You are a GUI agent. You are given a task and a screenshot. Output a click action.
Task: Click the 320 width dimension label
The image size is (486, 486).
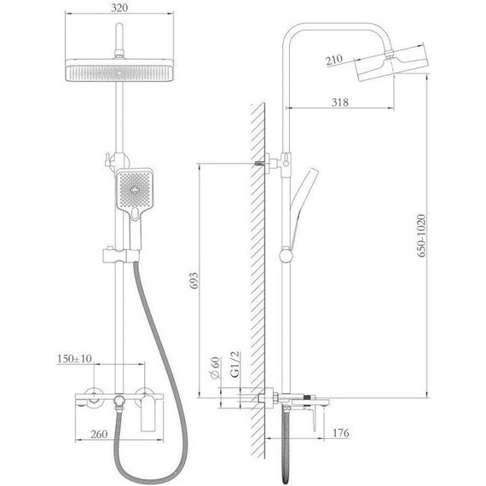point(119,8)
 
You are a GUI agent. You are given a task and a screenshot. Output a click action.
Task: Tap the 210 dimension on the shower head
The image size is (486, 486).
point(334,60)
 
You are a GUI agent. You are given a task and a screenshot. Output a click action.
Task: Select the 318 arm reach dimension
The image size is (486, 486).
point(339,102)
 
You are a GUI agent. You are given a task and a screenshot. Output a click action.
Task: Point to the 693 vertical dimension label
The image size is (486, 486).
point(194,281)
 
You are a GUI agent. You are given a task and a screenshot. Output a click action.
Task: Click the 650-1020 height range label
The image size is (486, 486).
point(421,235)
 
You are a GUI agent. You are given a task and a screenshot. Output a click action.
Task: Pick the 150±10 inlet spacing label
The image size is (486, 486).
point(74,359)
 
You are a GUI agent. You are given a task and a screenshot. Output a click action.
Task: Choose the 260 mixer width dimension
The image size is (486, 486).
point(99,434)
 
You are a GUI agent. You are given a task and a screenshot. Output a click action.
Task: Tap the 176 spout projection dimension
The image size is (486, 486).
point(341,432)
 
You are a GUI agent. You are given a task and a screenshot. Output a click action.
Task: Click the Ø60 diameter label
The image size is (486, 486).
point(215,367)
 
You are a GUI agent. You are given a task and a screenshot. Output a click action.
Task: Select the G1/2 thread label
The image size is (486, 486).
point(235,364)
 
